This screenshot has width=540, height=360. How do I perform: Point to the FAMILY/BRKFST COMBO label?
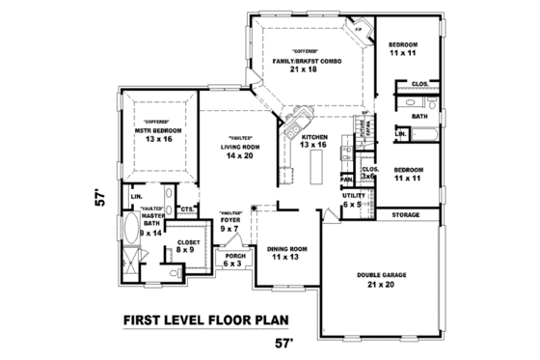pyautogui.click(x=305, y=62)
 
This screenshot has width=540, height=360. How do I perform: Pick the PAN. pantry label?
pyautogui.click(x=345, y=179)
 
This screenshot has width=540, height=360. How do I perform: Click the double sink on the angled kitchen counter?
pyautogui.click(x=295, y=125)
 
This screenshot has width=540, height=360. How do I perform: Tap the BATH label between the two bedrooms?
pyautogui.click(x=419, y=116)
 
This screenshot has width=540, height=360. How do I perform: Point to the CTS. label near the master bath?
pyautogui.click(x=186, y=208)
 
